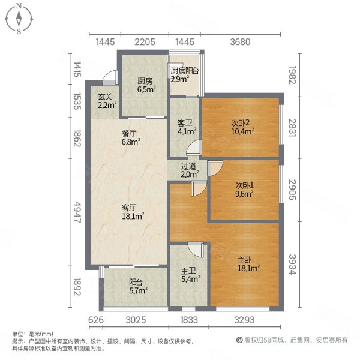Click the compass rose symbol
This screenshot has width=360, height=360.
(x=19, y=19)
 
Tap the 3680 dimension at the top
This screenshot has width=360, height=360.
(x=240, y=42)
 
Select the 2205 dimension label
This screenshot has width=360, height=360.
(x=145, y=42)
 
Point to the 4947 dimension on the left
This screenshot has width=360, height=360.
(x=77, y=212)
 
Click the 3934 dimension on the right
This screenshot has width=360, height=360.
(x=293, y=264)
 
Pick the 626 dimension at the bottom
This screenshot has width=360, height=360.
(x=96, y=320)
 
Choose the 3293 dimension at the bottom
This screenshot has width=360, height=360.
(x=244, y=320)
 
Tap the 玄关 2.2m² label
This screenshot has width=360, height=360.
(x=107, y=101)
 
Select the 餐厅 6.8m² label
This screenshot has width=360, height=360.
(x=131, y=137)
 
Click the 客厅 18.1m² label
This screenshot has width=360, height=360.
(x=133, y=212)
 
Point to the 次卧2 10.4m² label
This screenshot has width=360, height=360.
(x=242, y=127)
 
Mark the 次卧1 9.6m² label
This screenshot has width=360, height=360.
(x=244, y=190)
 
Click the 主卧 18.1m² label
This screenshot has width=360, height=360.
(x=248, y=264)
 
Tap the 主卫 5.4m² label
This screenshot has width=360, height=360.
(x=190, y=275)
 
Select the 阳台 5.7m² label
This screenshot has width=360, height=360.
(x=138, y=286)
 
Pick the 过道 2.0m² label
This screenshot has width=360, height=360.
(x=190, y=170)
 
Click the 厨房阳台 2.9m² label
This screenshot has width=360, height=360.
(x=184, y=74)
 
